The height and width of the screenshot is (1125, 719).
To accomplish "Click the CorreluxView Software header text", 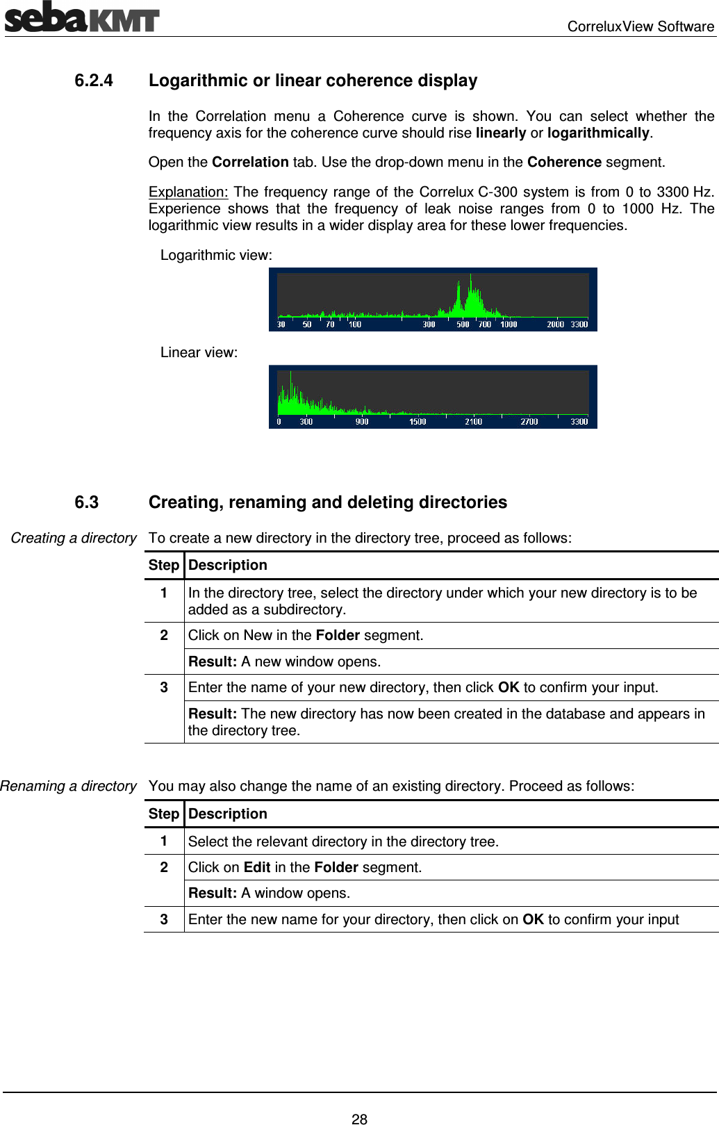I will click(640, 26).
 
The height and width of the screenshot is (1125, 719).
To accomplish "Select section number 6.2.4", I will click(94, 81).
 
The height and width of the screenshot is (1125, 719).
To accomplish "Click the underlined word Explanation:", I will click(188, 192).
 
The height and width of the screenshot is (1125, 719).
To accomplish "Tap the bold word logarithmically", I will click(597, 133).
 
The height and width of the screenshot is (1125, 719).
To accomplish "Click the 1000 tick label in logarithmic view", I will click(509, 325).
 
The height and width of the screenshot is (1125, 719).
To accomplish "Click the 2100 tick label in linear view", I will click(473, 422).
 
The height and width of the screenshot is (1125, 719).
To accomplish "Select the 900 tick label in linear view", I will click(362, 422).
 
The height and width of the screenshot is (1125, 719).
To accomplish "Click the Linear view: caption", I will click(199, 352).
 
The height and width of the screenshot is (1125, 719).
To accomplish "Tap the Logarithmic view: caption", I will click(216, 255).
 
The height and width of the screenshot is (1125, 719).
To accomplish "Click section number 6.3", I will click(87, 502).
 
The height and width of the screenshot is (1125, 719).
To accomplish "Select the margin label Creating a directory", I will click(74, 538).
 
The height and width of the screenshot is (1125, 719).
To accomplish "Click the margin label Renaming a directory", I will click(69, 786).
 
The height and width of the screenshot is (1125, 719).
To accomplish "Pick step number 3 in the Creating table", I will click(164, 687).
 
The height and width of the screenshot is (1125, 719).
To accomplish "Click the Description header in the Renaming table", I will click(228, 814).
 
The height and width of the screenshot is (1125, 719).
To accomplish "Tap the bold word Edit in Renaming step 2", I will click(257, 867).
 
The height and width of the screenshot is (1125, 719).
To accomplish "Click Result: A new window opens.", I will click(284, 662).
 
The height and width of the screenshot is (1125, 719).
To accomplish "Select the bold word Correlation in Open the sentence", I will click(250, 162).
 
